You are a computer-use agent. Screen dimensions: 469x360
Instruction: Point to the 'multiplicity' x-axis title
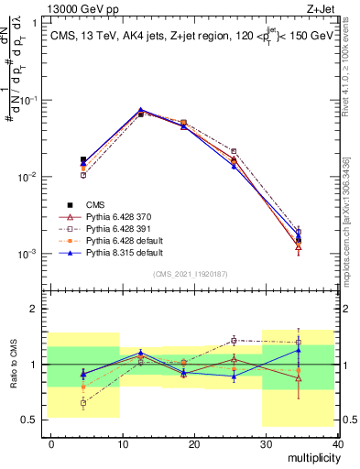coord(313,457)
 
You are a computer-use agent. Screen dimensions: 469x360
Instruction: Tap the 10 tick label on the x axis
coord(123,443)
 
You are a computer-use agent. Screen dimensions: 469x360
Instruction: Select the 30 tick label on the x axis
coord(267,443)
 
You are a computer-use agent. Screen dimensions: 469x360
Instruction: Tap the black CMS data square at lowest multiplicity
coord(83,159)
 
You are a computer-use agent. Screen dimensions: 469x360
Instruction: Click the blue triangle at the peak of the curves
coord(140,110)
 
